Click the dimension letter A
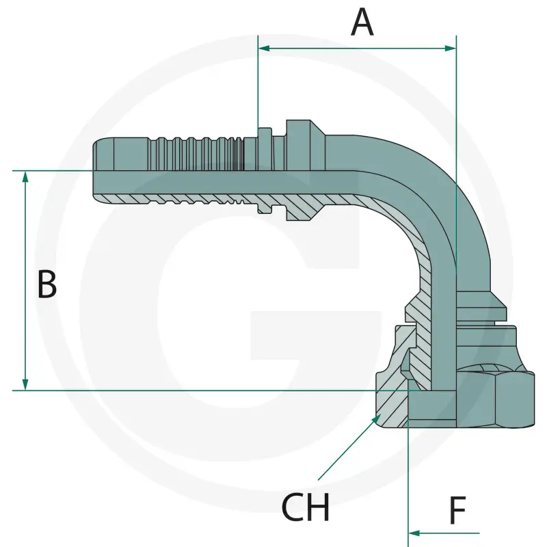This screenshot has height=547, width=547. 362,23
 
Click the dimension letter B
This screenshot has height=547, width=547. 46,284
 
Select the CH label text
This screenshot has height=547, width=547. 305,507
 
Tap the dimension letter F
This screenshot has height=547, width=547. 457,510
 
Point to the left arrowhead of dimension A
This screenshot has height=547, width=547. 264,48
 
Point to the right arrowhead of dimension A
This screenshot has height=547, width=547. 451,48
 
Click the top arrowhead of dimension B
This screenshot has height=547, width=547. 25,177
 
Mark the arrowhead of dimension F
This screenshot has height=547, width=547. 414,533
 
